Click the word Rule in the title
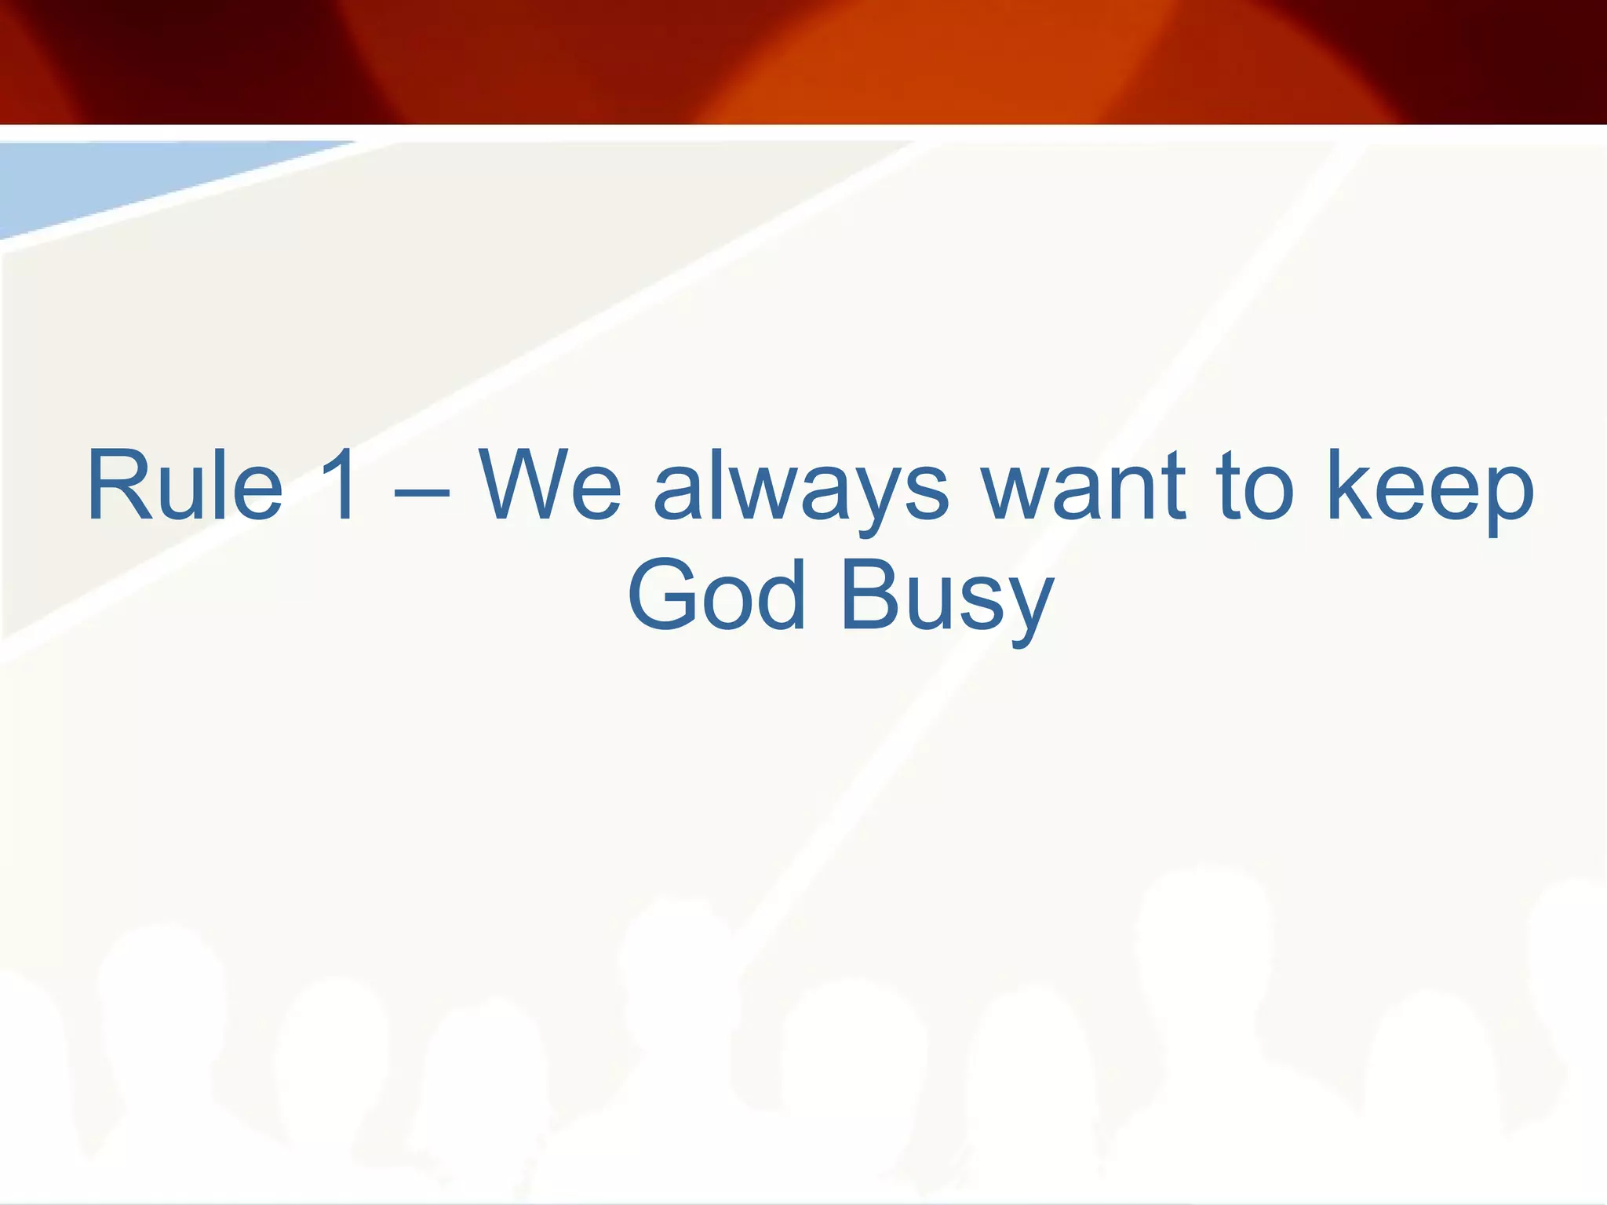point(185,485)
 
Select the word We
point(550,485)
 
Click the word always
point(800,490)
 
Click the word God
point(716,595)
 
